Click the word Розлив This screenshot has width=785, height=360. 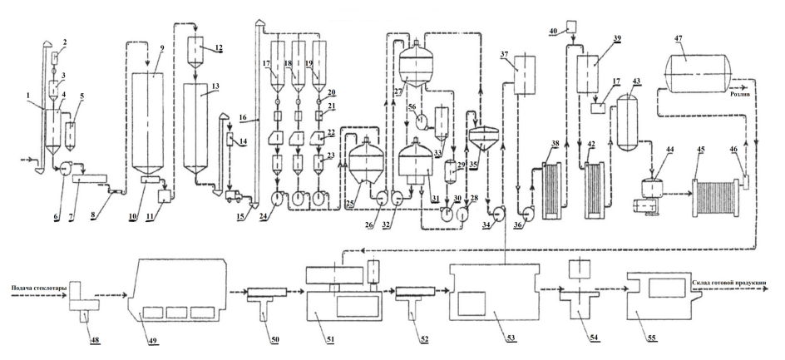[x=742, y=95]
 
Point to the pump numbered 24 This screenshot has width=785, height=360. [x=274, y=198]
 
